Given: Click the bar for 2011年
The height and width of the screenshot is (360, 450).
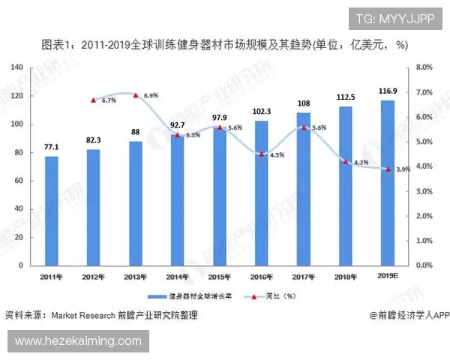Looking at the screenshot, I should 51,211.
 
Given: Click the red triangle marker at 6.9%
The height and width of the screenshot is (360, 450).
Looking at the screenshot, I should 135,95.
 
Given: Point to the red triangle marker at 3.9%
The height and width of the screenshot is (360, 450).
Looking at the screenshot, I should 388,169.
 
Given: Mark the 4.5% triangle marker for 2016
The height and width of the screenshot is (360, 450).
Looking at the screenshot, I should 261,154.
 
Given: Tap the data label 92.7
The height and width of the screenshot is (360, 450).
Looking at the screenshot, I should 177,127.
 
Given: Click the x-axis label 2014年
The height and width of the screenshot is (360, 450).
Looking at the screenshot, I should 177,277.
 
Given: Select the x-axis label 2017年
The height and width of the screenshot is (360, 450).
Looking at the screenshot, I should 303,277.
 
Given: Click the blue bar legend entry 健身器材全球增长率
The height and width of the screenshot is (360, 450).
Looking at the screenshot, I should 187,296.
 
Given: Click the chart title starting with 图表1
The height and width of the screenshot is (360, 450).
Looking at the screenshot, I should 224,45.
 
